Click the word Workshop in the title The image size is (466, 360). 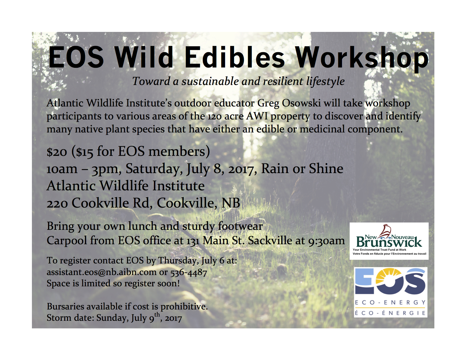[x=362, y=58]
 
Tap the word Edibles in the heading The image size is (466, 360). [x=235, y=57]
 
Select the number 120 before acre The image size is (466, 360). [x=215, y=117]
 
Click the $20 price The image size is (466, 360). [x=57, y=152]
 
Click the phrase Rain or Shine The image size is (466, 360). [x=302, y=169]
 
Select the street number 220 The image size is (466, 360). [x=57, y=203]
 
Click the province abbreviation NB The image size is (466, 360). [x=230, y=203]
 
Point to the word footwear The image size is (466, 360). [x=240, y=226]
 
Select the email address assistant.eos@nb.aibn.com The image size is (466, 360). [x=101, y=272]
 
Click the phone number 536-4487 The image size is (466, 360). [x=189, y=272]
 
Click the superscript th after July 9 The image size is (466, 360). [x=157, y=314]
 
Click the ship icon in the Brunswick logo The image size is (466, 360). [x=385, y=232]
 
